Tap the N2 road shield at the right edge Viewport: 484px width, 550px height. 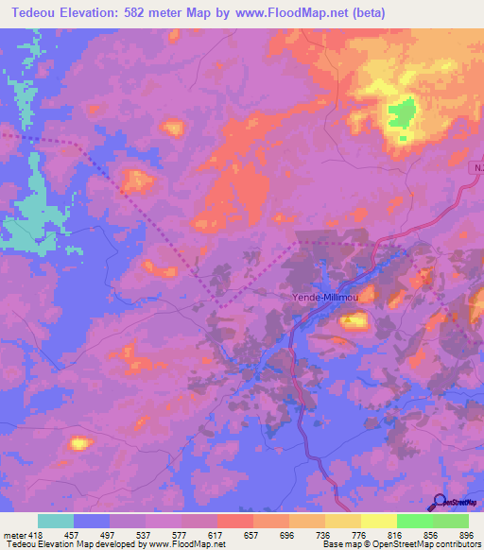click(477, 166)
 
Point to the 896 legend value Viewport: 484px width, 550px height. click(466, 534)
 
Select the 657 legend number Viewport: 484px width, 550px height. click(251, 534)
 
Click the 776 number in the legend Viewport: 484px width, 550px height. click(358, 534)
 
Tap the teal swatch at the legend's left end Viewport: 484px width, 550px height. click(56, 521)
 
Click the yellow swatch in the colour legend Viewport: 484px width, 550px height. click(378, 521)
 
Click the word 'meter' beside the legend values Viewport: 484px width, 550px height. click(12, 534)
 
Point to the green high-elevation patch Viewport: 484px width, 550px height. click(402, 115)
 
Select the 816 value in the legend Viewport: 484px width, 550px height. click(394, 534)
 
